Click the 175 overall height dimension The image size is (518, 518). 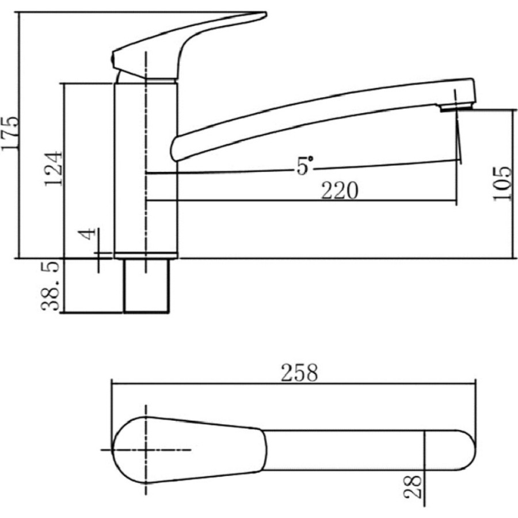[x=10, y=134]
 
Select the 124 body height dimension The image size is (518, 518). [x=54, y=169]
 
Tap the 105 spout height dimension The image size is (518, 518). [x=502, y=184]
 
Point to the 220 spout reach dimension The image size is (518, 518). [x=340, y=191]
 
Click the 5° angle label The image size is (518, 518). [x=304, y=166]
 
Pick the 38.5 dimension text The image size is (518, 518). [x=50, y=285]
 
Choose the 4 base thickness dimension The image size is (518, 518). [x=87, y=234]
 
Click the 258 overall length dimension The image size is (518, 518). [x=299, y=372]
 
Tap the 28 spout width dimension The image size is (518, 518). [x=413, y=486]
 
